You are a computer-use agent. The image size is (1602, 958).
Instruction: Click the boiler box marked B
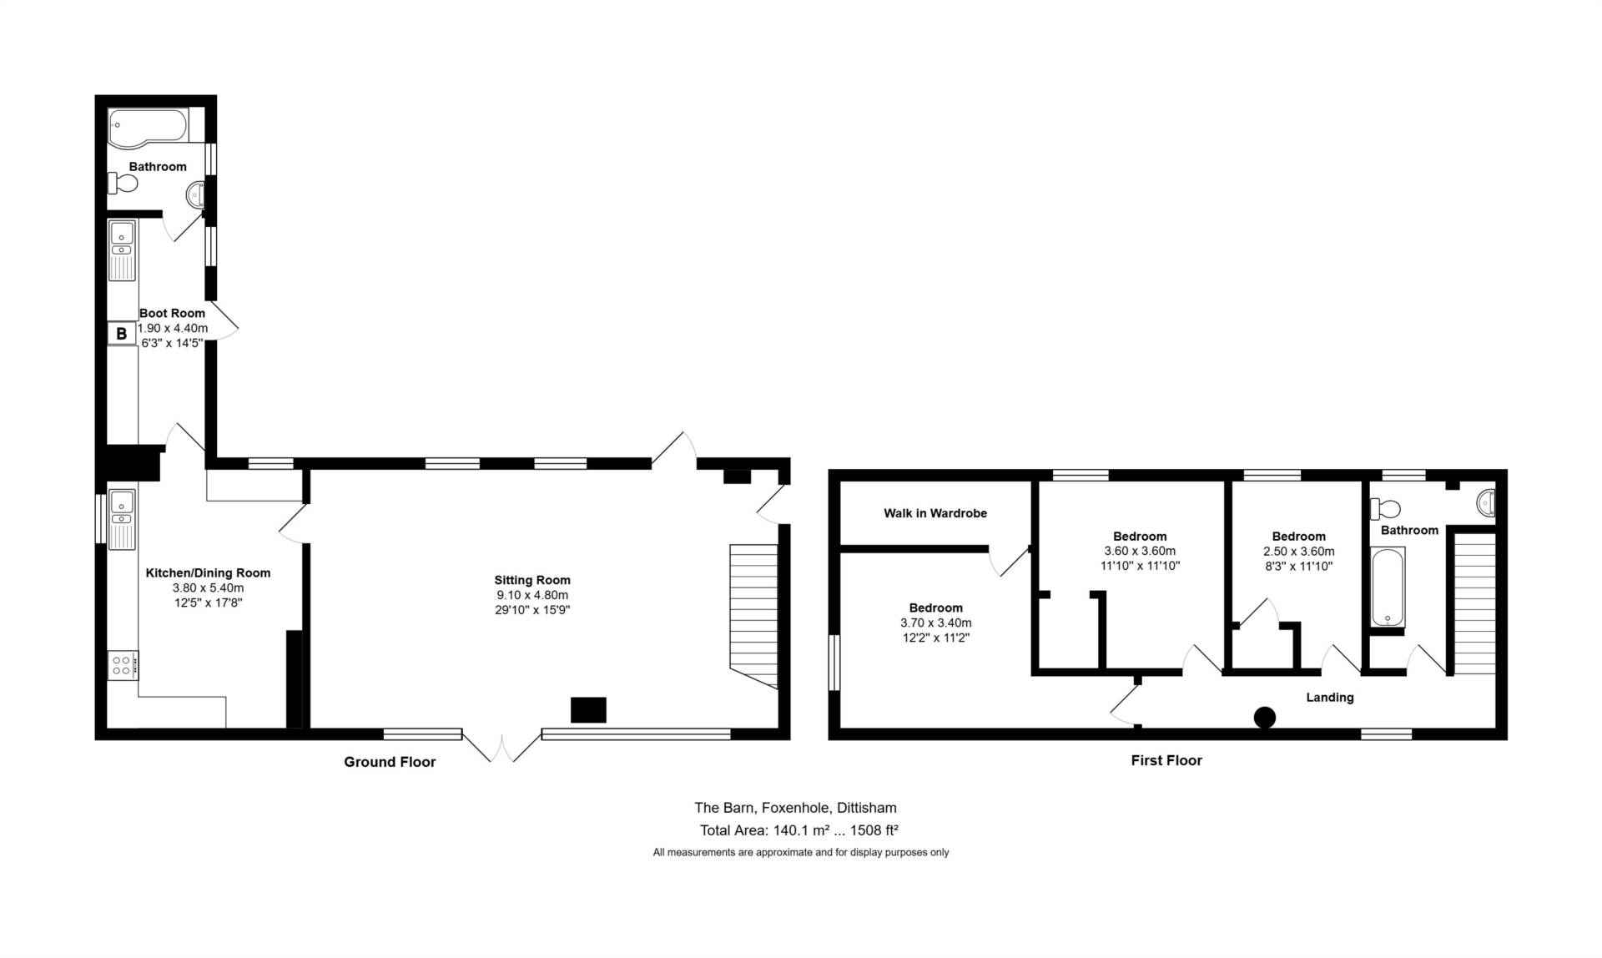[121, 334]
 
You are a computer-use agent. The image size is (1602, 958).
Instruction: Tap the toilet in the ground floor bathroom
[123, 183]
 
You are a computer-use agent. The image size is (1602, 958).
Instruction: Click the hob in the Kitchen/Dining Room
[123, 665]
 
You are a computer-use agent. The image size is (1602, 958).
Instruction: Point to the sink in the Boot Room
[122, 250]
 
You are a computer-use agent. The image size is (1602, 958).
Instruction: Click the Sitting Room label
[532, 580]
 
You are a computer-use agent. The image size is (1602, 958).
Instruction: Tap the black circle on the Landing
[1265, 717]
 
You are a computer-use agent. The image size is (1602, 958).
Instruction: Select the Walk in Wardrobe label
[935, 513]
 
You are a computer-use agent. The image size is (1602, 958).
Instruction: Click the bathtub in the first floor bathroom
[1388, 587]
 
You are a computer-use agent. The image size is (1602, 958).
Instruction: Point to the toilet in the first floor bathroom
[1386, 507]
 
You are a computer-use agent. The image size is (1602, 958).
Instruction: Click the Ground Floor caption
[390, 762]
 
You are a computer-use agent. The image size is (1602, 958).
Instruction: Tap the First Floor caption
[1166, 760]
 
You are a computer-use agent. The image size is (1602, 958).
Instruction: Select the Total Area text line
[799, 830]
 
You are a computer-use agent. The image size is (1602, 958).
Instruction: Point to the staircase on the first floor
[1475, 603]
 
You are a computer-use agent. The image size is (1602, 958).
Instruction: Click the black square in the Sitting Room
[588, 709]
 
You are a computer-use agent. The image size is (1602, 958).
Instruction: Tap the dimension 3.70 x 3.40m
[936, 623]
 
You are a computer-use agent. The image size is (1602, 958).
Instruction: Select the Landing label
[1330, 698]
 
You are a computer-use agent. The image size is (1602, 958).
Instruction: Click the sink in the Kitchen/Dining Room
[122, 519]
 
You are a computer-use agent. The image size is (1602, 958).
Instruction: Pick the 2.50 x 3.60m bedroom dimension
[1299, 552]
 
